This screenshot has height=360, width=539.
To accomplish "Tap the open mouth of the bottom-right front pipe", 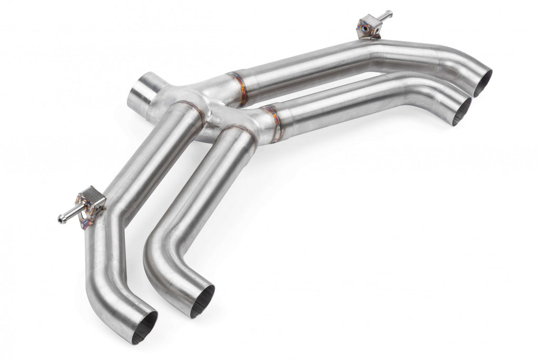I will click(203, 302).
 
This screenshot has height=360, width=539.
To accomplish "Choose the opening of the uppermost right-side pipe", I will click(483, 83).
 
